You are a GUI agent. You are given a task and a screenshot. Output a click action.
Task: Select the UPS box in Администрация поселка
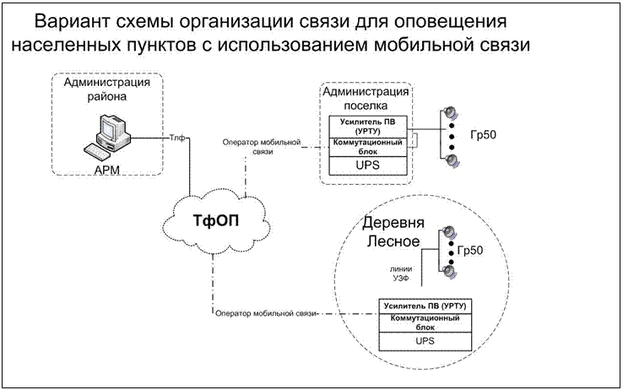click(x=370, y=165)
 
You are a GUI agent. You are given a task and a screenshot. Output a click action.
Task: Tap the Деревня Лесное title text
click(x=391, y=233)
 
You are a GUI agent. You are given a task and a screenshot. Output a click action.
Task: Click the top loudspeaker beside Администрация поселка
click(x=452, y=113)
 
